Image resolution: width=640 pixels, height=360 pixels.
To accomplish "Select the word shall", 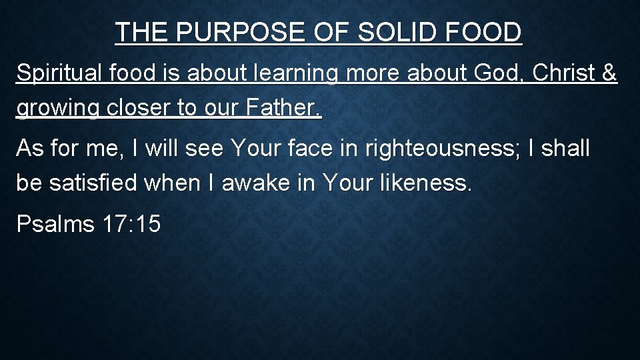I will pyautogui.click(x=565, y=148).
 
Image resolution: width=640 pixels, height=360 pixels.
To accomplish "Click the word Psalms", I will pyautogui.click(x=55, y=224).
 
